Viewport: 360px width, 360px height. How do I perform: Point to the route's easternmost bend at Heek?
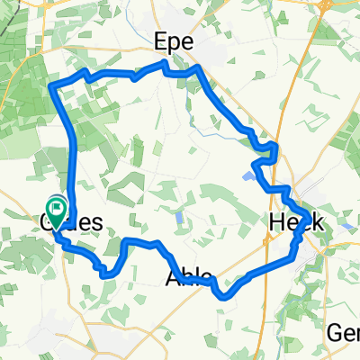319,220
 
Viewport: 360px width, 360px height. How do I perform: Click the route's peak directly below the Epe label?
164,64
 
